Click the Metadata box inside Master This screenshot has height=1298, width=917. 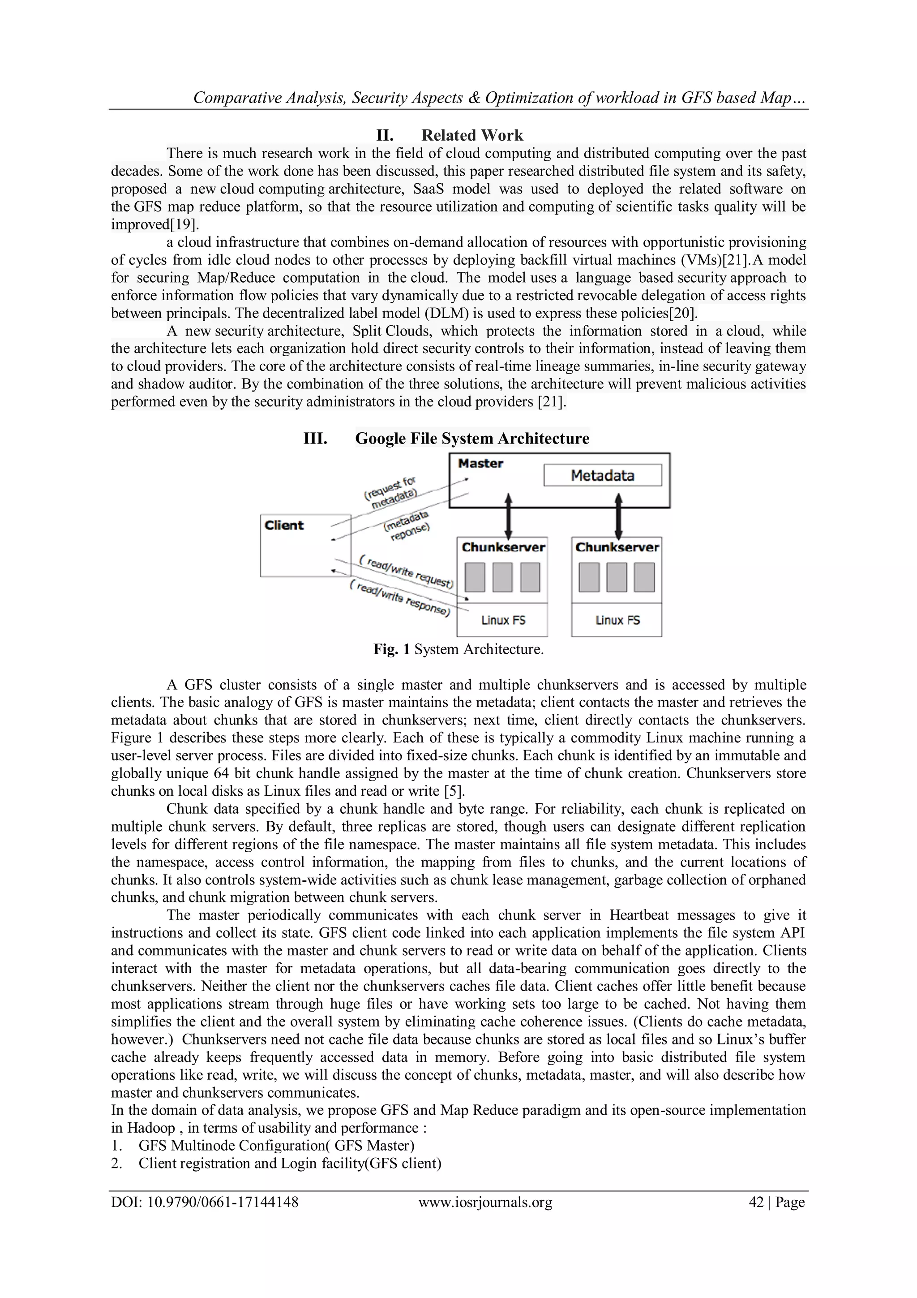[602, 475]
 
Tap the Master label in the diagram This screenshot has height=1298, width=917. [480, 464]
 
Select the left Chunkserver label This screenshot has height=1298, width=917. [503, 547]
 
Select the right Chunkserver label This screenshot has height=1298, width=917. [617, 547]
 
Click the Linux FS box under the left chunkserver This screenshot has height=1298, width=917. [503, 620]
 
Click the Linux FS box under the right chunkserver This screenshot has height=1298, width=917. [617, 620]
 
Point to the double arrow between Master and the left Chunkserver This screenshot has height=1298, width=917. [508, 516]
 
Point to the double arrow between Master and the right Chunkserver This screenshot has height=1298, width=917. [619, 516]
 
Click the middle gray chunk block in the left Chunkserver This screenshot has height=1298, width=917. [502, 577]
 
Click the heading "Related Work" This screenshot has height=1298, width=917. [472, 135]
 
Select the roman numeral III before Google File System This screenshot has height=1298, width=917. [315, 439]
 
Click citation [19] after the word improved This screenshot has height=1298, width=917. [184, 224]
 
